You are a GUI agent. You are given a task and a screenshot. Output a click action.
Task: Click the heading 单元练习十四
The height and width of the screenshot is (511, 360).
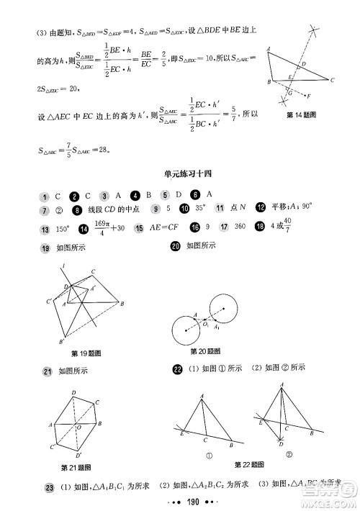[179, 171]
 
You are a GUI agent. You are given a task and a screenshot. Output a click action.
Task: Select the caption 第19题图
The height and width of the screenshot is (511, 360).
[86, 352]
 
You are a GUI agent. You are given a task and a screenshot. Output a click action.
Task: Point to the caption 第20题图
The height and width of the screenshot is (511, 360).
[205, 351]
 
